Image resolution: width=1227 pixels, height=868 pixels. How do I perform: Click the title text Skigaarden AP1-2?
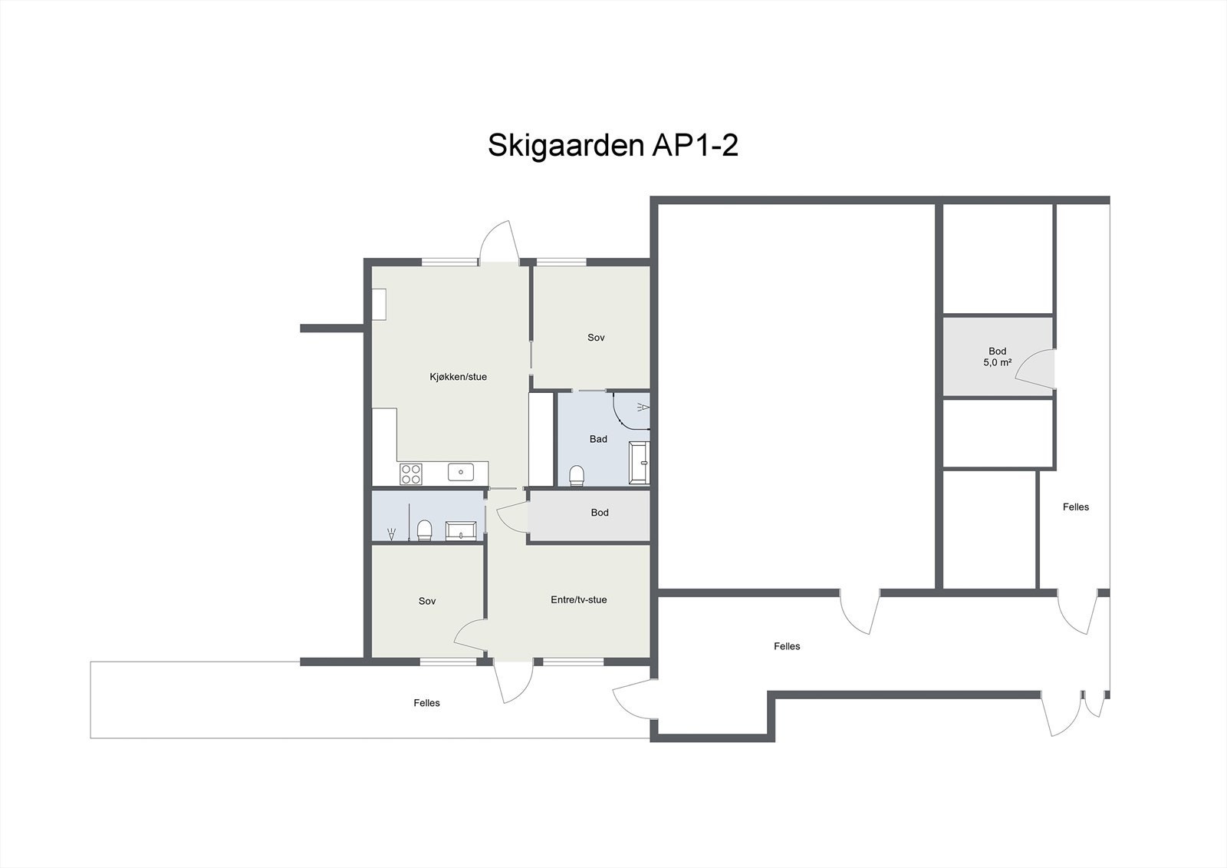pyautogui.click(x=613, y=144)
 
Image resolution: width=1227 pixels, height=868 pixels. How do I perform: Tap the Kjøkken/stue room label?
pyautogui.click(x=458, y=377)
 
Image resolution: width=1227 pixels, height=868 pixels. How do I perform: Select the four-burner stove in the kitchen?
pyautogui.click(x=410, y=474)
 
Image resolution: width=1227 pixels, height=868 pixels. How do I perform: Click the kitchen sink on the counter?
pyautogui.click(x=460, y=473)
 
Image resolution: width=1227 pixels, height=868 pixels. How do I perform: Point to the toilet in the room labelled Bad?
pyautogui.click(x=577, y=476)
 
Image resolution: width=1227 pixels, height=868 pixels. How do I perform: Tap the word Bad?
pyautogui.click(x=598, y=439)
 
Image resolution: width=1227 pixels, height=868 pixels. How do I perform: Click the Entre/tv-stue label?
pyautogui.click(x=578, y=599)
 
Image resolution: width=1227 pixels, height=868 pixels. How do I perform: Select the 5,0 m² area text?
pyautogui.click(x=997, y=362)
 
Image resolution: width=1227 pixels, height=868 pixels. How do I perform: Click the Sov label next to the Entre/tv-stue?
pyautogui.click(x=427, y=601)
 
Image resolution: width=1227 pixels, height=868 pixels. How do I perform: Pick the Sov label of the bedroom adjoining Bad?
pyautogui.click(x=596, y=338)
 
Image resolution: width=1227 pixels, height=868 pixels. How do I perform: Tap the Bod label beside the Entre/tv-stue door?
pyautogui.click(x=600, y=513)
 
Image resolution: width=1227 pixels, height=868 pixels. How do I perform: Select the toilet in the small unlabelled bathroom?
pyautogui.click(x=424, y=530)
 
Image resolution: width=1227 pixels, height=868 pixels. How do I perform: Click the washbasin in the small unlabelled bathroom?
pyautogui.click(x=461, y=530)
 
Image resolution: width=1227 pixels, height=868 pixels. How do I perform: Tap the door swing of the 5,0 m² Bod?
pyautogui.click(x=1035, y=367)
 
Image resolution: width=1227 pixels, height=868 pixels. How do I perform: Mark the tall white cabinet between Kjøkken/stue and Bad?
pyautogui.click(x=541, y=439)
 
